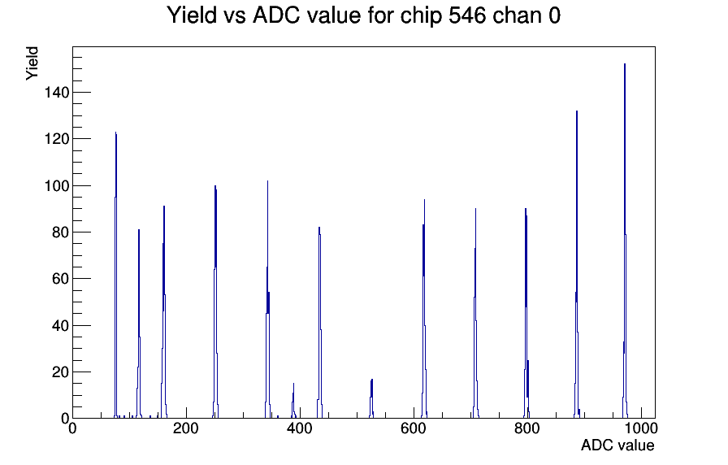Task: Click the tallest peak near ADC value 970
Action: (x=625, y=241)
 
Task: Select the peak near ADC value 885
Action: (x=577, y=265)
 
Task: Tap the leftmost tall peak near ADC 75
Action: (x=115, y=275)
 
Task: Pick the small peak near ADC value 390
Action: (x=293, y=401)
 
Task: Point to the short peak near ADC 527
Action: (x=371, y=398)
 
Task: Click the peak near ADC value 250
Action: (x=215, y=302)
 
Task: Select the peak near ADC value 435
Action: (x=319, y=323)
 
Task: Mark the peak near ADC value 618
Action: (x=424, y=309)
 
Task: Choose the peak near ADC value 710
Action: (x=475, y=314)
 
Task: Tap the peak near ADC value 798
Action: (x=526, y=314)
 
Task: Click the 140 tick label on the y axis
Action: (x=56, y=93)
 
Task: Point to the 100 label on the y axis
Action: (x=56, y=186)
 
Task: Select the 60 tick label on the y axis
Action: (x=60, y=279)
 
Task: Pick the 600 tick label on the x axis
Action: (x=414, y=428)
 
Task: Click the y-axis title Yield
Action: (x=32, y=63)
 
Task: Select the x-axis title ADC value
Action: (x=617, y=445)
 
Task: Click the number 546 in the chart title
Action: (x=467, y=15)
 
